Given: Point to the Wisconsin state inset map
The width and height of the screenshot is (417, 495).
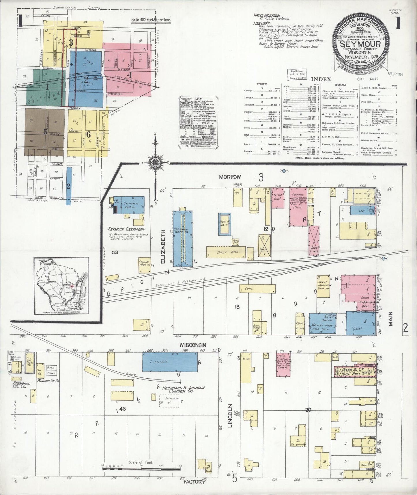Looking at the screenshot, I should coord(62,286).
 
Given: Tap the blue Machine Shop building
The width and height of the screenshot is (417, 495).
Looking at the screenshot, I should coord(323,324).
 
